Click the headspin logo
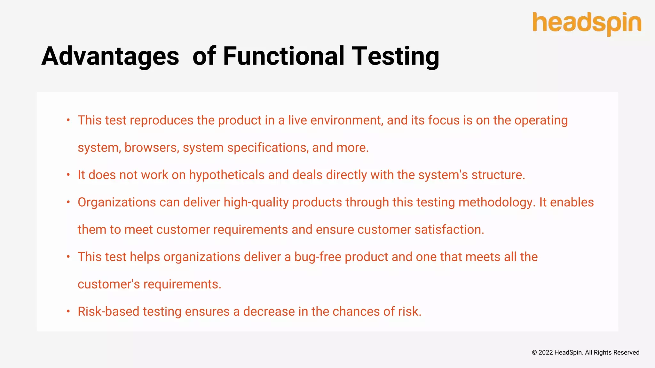tap(587, 23)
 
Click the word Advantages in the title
tap(110, 56)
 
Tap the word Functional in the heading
tap(283, 56)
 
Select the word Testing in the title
tap(395, 56)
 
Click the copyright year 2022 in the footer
tap(546, 352)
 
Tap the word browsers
tap(152, 148)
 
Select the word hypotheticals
tap(227, 175)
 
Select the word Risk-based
tap(108, 311)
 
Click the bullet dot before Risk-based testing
tap(68, 311)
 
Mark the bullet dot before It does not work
tap(68, 175)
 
